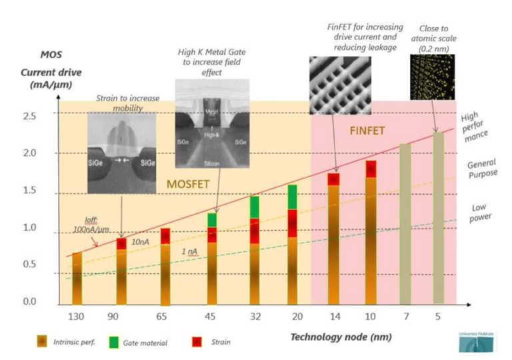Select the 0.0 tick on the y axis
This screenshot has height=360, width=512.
[x=31, y=302]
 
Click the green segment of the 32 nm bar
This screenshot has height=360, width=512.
[x=255, y=207]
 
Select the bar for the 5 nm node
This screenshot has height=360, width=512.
[x=438, y=217]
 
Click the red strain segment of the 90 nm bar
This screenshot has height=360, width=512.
[x=121, y=243]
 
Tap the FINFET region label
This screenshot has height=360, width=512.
[x=367, y=131]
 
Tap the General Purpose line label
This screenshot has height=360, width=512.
[x=482, y=169]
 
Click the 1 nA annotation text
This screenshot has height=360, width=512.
[x=189, y=251]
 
